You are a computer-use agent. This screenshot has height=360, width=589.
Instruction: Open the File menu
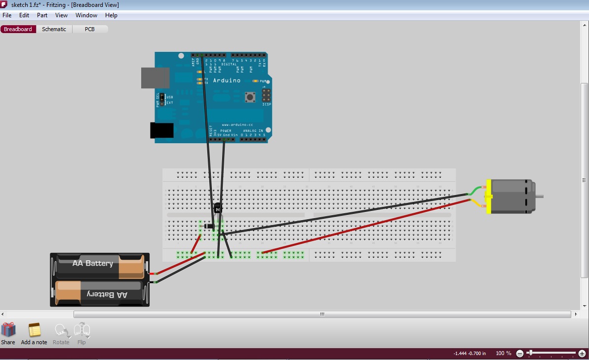[7, 15]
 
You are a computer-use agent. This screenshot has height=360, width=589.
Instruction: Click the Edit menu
[24, 15]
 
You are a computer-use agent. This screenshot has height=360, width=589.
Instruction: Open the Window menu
[86, 15]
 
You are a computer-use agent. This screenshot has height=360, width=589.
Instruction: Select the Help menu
[111, 15]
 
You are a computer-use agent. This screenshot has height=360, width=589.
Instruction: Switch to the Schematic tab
[54, 29]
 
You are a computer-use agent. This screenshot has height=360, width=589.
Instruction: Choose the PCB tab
[89, 29]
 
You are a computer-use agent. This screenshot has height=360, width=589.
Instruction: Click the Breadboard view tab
[18, 29]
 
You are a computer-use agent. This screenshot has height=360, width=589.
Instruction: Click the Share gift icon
[8, 330]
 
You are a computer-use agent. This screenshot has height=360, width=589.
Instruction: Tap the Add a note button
[34, 330]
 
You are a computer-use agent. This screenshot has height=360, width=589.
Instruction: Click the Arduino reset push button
[251, 97]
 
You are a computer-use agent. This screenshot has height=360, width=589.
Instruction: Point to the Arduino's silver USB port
[155, 78]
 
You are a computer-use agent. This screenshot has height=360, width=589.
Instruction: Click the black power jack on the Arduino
[161, 130]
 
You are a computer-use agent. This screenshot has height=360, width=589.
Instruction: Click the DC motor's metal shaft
[539, 196]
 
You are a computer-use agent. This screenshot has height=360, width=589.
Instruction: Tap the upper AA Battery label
[93, 263]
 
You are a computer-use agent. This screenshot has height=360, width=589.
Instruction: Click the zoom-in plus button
[582, 353]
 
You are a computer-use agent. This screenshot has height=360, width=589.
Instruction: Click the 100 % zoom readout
[504, 353]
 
